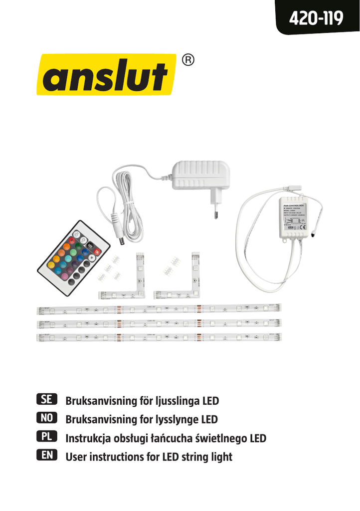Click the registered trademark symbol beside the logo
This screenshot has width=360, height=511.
187,60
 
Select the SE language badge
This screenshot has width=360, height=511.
48,400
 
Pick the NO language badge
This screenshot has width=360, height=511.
48,419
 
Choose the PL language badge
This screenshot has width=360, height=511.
48,438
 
